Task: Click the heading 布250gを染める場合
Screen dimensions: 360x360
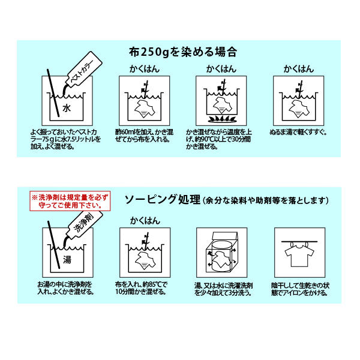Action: click(183, 52)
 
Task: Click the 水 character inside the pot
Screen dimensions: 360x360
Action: click(67, 108)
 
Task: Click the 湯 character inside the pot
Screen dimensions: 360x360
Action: click(67, 259)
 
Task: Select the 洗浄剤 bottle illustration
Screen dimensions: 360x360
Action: click(83, 226)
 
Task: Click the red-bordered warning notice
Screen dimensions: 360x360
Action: click(70, 201)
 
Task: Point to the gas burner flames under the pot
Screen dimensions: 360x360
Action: click(222, 119)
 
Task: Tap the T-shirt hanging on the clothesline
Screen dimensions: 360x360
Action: click(299, 255)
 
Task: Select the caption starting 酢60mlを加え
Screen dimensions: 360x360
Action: click(144, 136)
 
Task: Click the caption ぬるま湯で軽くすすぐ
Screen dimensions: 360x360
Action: click(298, 132)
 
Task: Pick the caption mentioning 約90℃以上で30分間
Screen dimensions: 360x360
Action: click(219, 139)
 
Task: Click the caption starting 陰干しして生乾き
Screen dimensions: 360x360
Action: click(300, 289)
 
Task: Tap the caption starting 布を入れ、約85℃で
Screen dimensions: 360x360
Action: click(141, 288)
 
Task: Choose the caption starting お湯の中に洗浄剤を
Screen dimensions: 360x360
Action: click(66, 288)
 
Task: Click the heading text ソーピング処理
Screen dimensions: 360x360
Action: click(163, 200)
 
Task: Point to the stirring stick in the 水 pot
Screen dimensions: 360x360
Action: click(53, 93)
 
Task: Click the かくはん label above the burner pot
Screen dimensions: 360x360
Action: click(221, 69)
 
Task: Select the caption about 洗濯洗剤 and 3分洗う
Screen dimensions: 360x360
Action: click(223, 289)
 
